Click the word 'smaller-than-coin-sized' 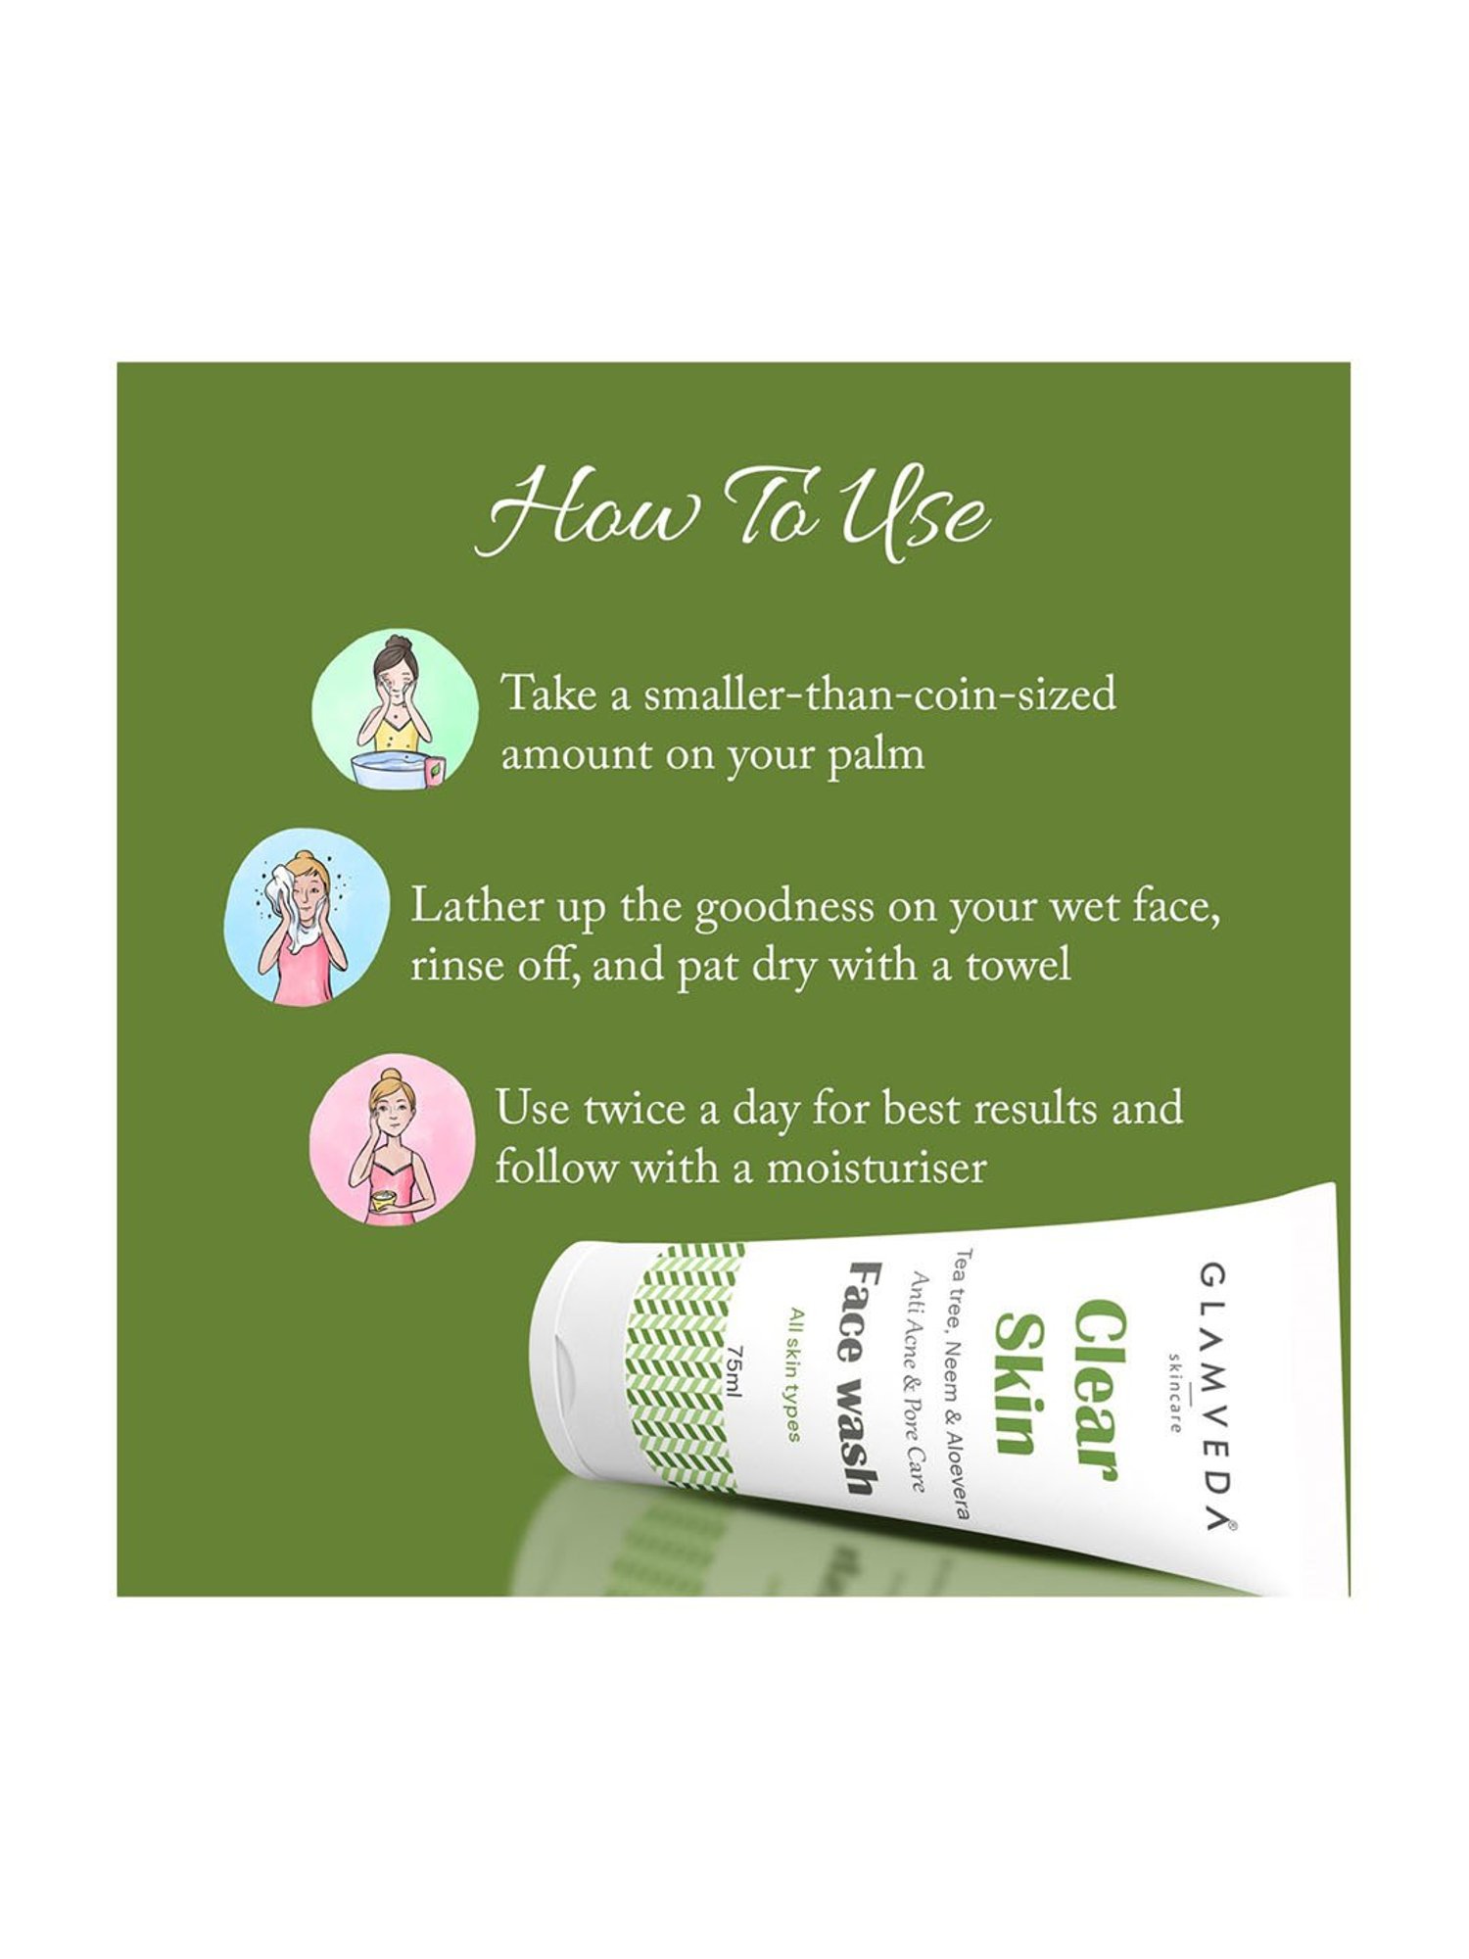879,694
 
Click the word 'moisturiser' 876,1169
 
